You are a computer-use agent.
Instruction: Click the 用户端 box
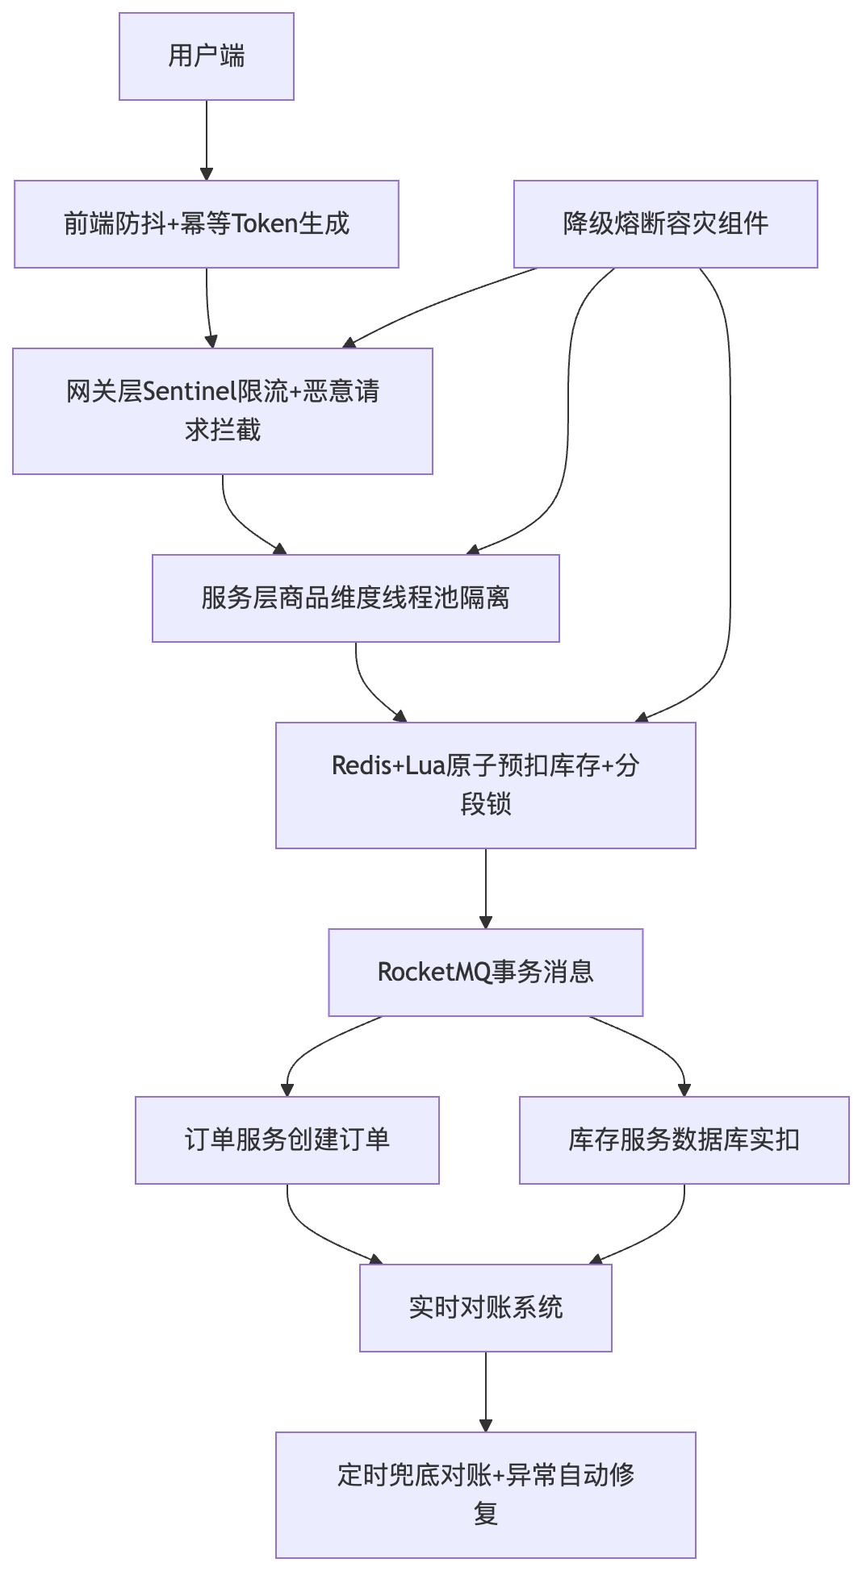pos(206,56)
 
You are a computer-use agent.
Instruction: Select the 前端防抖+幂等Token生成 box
pos(206,223)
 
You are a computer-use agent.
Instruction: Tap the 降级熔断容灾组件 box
pos(665,223)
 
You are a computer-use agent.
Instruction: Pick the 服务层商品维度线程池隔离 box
pos(355,598)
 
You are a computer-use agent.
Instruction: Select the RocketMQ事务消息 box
pos(485,972)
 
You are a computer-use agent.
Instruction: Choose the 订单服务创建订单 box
pos(287,1140)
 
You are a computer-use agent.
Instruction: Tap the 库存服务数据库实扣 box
pos(684,1140)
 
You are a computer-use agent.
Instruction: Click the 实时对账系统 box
pos(485,1307)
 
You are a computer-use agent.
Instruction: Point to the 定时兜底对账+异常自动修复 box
pos(485,1494)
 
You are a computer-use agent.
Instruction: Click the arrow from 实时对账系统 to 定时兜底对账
pos(485,1390)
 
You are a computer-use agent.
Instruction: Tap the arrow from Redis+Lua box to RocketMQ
pos(485,887)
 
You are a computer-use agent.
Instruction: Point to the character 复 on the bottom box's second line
pos(485,1514)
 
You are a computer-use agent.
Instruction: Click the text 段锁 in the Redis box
pos(485,804)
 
